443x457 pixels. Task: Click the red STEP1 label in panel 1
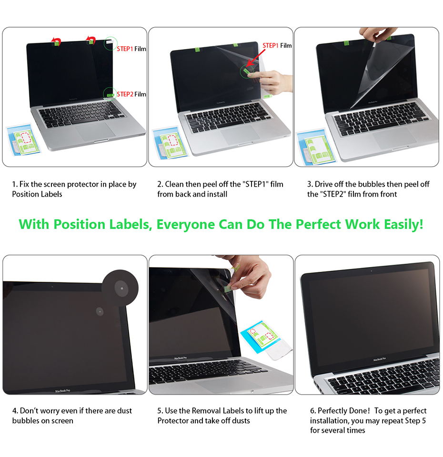125,49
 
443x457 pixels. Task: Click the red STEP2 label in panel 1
125,94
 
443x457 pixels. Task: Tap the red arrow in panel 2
255,58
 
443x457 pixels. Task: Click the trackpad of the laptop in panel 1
96,131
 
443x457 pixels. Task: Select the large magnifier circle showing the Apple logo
120,288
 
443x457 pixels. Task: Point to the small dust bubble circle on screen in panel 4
100,311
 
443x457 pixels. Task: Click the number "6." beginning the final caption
313,411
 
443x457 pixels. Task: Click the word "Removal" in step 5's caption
207,411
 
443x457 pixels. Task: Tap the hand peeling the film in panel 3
377,35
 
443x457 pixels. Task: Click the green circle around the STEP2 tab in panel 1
110,94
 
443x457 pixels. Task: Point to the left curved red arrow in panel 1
56,41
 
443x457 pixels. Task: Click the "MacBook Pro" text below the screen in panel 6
380,359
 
